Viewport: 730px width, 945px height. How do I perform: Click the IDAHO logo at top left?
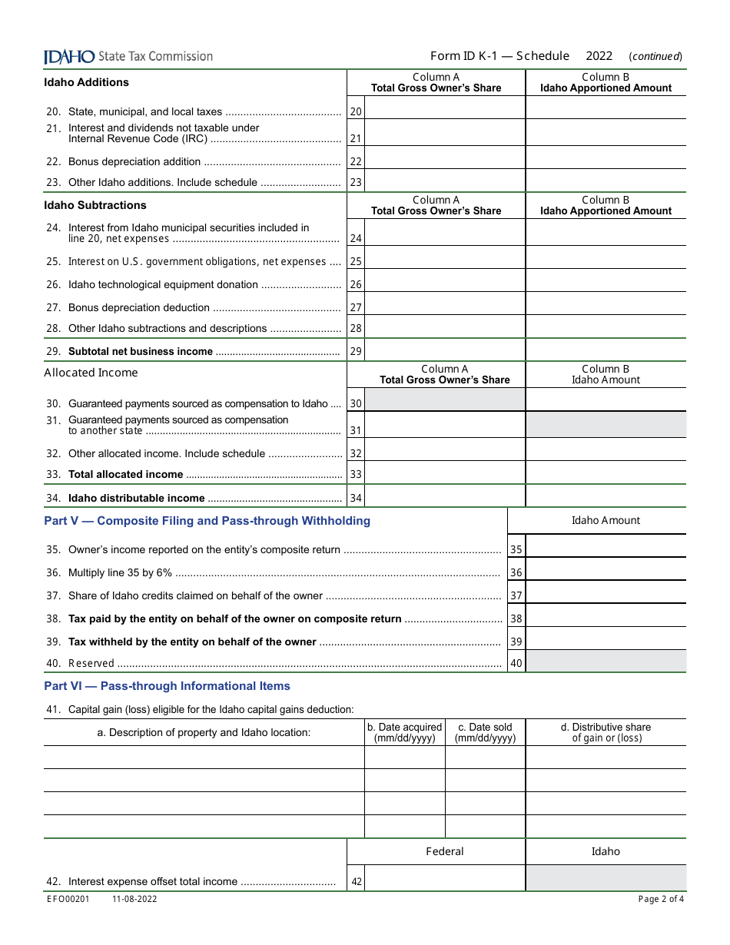(x=69, y=57)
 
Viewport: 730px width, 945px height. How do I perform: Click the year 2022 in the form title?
(x=599, y=56)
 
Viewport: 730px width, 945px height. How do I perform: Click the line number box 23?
(x=356, y=183)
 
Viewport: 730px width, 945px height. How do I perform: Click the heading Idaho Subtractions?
(x=95, y=205)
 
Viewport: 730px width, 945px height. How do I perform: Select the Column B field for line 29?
(x=606, y=350)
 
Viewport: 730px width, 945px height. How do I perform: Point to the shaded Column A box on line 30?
(x=445, y=400)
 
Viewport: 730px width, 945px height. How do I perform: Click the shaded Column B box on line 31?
(x=606, y=425)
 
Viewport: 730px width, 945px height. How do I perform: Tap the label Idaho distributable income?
(x=136, y=498)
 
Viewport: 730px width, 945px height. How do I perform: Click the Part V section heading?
(x=207, y=521)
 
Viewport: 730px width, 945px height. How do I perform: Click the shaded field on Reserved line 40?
(x=606, y=661)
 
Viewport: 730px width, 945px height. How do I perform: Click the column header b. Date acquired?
(x=404, y=732)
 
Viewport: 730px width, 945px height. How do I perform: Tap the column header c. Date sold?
(x=485, y=732)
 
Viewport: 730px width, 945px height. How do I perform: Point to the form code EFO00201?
(x=66, y=899)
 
